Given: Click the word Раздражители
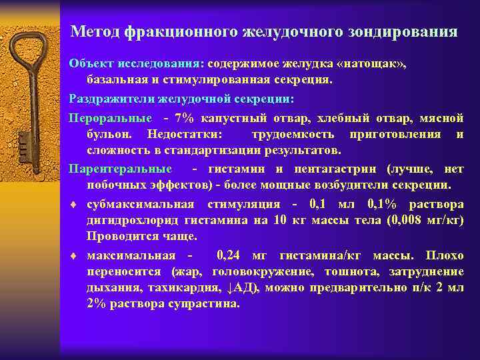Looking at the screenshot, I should tap(112, 99).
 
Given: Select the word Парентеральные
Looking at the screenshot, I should tap(120, 169).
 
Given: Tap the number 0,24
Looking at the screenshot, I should tap(231, 255).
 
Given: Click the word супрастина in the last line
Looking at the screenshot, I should tap(207, 303).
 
